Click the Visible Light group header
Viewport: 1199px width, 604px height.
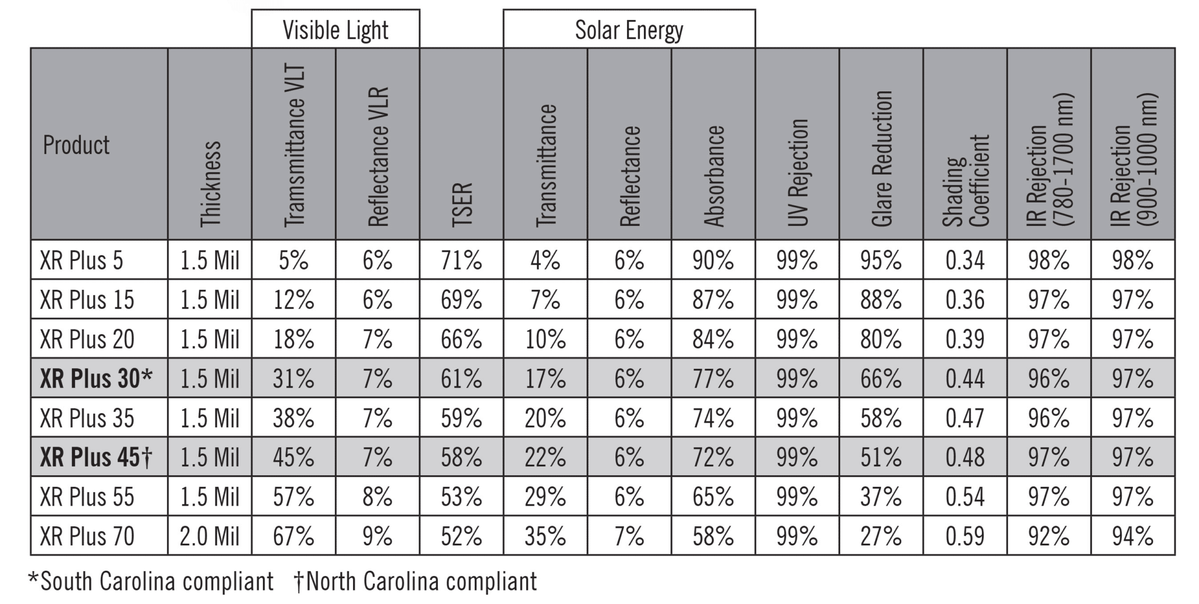coord(335,29)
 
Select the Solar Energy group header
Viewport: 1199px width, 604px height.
coord(629,29)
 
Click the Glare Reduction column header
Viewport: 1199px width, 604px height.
coord(881,158)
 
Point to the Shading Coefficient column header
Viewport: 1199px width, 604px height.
coord(965,181)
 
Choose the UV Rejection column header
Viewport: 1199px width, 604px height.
coord(797,173)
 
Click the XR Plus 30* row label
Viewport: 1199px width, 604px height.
coord(96,379)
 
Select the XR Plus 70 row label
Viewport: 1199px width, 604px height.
coord(87,536)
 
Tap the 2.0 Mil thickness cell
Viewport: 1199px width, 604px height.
coord(210,536)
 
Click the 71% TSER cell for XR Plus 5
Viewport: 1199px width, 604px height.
coord(461,260)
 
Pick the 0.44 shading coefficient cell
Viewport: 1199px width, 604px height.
coord(965,379)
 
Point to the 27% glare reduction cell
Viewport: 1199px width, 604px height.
coord(881,536)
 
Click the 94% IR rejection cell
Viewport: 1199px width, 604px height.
coord(1132,536)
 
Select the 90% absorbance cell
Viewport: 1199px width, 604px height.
coord(713,260)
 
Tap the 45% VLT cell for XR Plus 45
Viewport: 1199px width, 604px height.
coord(293,457)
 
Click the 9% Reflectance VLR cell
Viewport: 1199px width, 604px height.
coord(377,536)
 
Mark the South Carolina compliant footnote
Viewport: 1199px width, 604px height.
coord(151,582)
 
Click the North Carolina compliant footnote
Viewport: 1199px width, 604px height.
coord(415,582)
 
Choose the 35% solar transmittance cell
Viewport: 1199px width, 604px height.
coord(545,536)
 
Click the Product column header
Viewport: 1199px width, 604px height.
coord(76,145)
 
